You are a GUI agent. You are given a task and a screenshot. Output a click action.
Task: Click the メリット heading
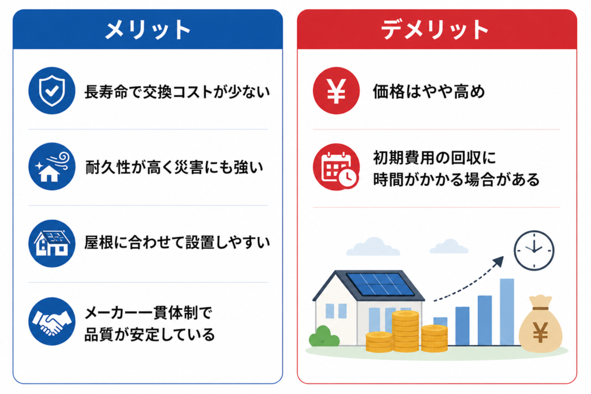[148, 30]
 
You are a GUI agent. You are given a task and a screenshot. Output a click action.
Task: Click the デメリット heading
[435, 30]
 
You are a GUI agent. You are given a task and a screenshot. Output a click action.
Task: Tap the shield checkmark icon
[51, 91]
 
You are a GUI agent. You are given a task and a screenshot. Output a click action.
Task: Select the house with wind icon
[51, 167]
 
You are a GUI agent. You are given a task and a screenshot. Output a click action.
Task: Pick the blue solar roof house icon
[51, 243]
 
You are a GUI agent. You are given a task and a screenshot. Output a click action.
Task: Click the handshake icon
[51, 321]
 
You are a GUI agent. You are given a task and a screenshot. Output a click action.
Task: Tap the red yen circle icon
[336, 91]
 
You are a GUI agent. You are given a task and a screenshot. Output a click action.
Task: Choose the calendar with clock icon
[336, 167]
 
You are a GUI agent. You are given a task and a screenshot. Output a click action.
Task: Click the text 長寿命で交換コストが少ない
[177, 92]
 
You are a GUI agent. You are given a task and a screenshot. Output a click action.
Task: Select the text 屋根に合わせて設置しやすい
[177, 243]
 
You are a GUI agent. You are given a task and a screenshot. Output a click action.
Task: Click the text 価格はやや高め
[429, 92]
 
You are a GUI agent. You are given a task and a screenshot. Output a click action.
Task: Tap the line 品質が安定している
[149, 335]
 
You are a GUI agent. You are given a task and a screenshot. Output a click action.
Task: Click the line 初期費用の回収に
[435, 158]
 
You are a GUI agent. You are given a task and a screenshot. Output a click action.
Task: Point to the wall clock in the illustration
[534, 250]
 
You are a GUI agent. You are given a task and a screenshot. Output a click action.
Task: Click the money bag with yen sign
[540, 325]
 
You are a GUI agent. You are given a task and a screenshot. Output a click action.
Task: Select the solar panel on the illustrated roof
[380, 284]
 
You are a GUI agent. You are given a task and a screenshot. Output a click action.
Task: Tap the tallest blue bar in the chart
[507, 312]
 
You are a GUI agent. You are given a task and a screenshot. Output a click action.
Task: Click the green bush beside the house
[324, 336]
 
